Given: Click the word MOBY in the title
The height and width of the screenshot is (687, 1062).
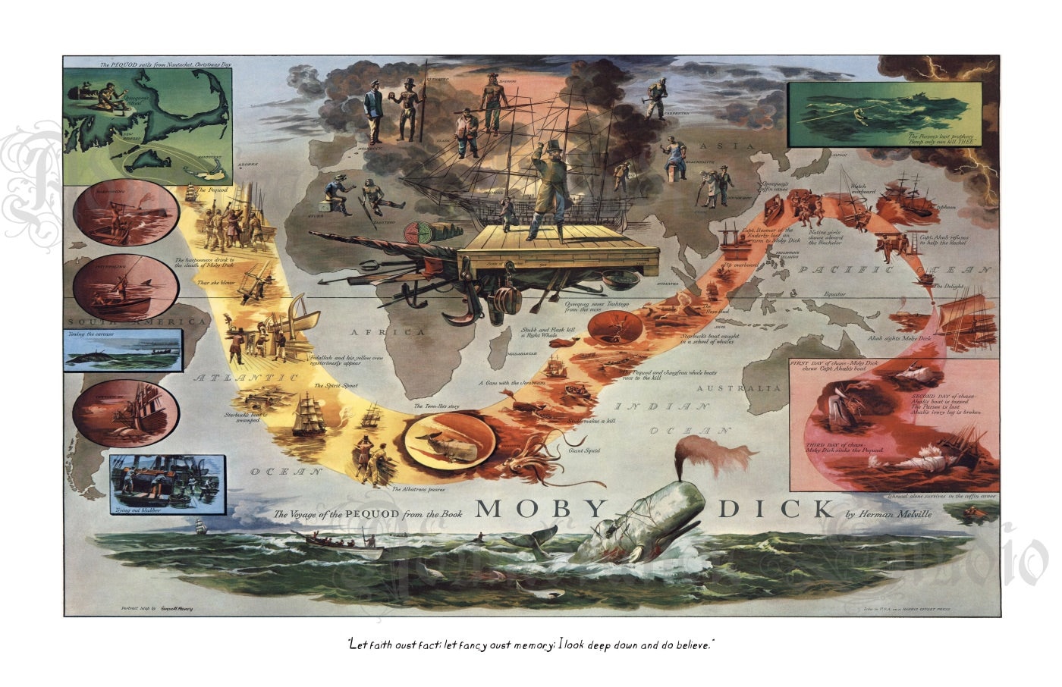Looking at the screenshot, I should [541, 509].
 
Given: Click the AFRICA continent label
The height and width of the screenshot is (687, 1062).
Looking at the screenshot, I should [376, 332].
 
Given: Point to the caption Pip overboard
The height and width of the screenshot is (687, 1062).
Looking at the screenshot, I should [738, 265].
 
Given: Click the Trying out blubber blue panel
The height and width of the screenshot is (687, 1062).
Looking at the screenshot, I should [167, 484].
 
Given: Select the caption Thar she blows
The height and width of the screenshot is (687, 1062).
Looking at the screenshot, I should [217, 282].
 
